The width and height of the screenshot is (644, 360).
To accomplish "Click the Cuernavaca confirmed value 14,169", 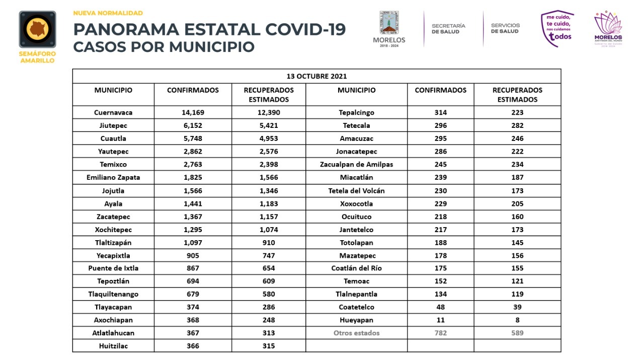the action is click(x=193, y=112).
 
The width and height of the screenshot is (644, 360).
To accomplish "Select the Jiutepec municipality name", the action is click(x=113, y=125).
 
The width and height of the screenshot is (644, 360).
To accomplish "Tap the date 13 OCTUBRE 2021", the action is click(x=316, y=76).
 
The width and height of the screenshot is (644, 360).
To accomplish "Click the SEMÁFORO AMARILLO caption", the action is click(x=37, y=57).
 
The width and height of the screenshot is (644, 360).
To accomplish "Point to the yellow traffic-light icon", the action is click(x=37, y=29).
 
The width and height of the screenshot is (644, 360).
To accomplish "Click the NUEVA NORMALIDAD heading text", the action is click(x=108, y=13).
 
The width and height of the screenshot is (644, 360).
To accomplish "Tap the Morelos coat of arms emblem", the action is click(x=389, y=23).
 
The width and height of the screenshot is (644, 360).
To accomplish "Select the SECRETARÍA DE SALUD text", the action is click(x=448, y=29).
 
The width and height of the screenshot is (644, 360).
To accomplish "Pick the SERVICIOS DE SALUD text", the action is click(x=505, y=29).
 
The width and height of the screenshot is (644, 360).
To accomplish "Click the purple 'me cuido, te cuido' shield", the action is click(x=557, y=29).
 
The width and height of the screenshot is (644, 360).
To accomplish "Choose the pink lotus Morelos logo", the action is click(x=608, y=29).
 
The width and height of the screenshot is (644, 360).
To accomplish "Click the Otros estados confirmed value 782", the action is click(x=440, y=333).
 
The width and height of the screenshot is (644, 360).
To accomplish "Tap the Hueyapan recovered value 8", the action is click(x=517, y=320).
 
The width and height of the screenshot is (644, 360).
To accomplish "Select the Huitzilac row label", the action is click(x=113, y=346).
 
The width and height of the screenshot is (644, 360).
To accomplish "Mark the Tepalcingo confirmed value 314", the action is click(x=440, y=112).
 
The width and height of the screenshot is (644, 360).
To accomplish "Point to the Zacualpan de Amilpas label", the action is click(x=356, y=164).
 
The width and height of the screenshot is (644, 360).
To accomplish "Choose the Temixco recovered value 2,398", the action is click(x=269, y=164).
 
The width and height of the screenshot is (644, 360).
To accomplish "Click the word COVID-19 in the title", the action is click(x=305, y=29).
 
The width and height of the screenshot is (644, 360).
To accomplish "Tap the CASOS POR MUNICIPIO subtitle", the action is click(x=164, y=47).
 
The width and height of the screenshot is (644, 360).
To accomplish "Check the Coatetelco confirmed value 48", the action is click(x=440, y=307).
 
